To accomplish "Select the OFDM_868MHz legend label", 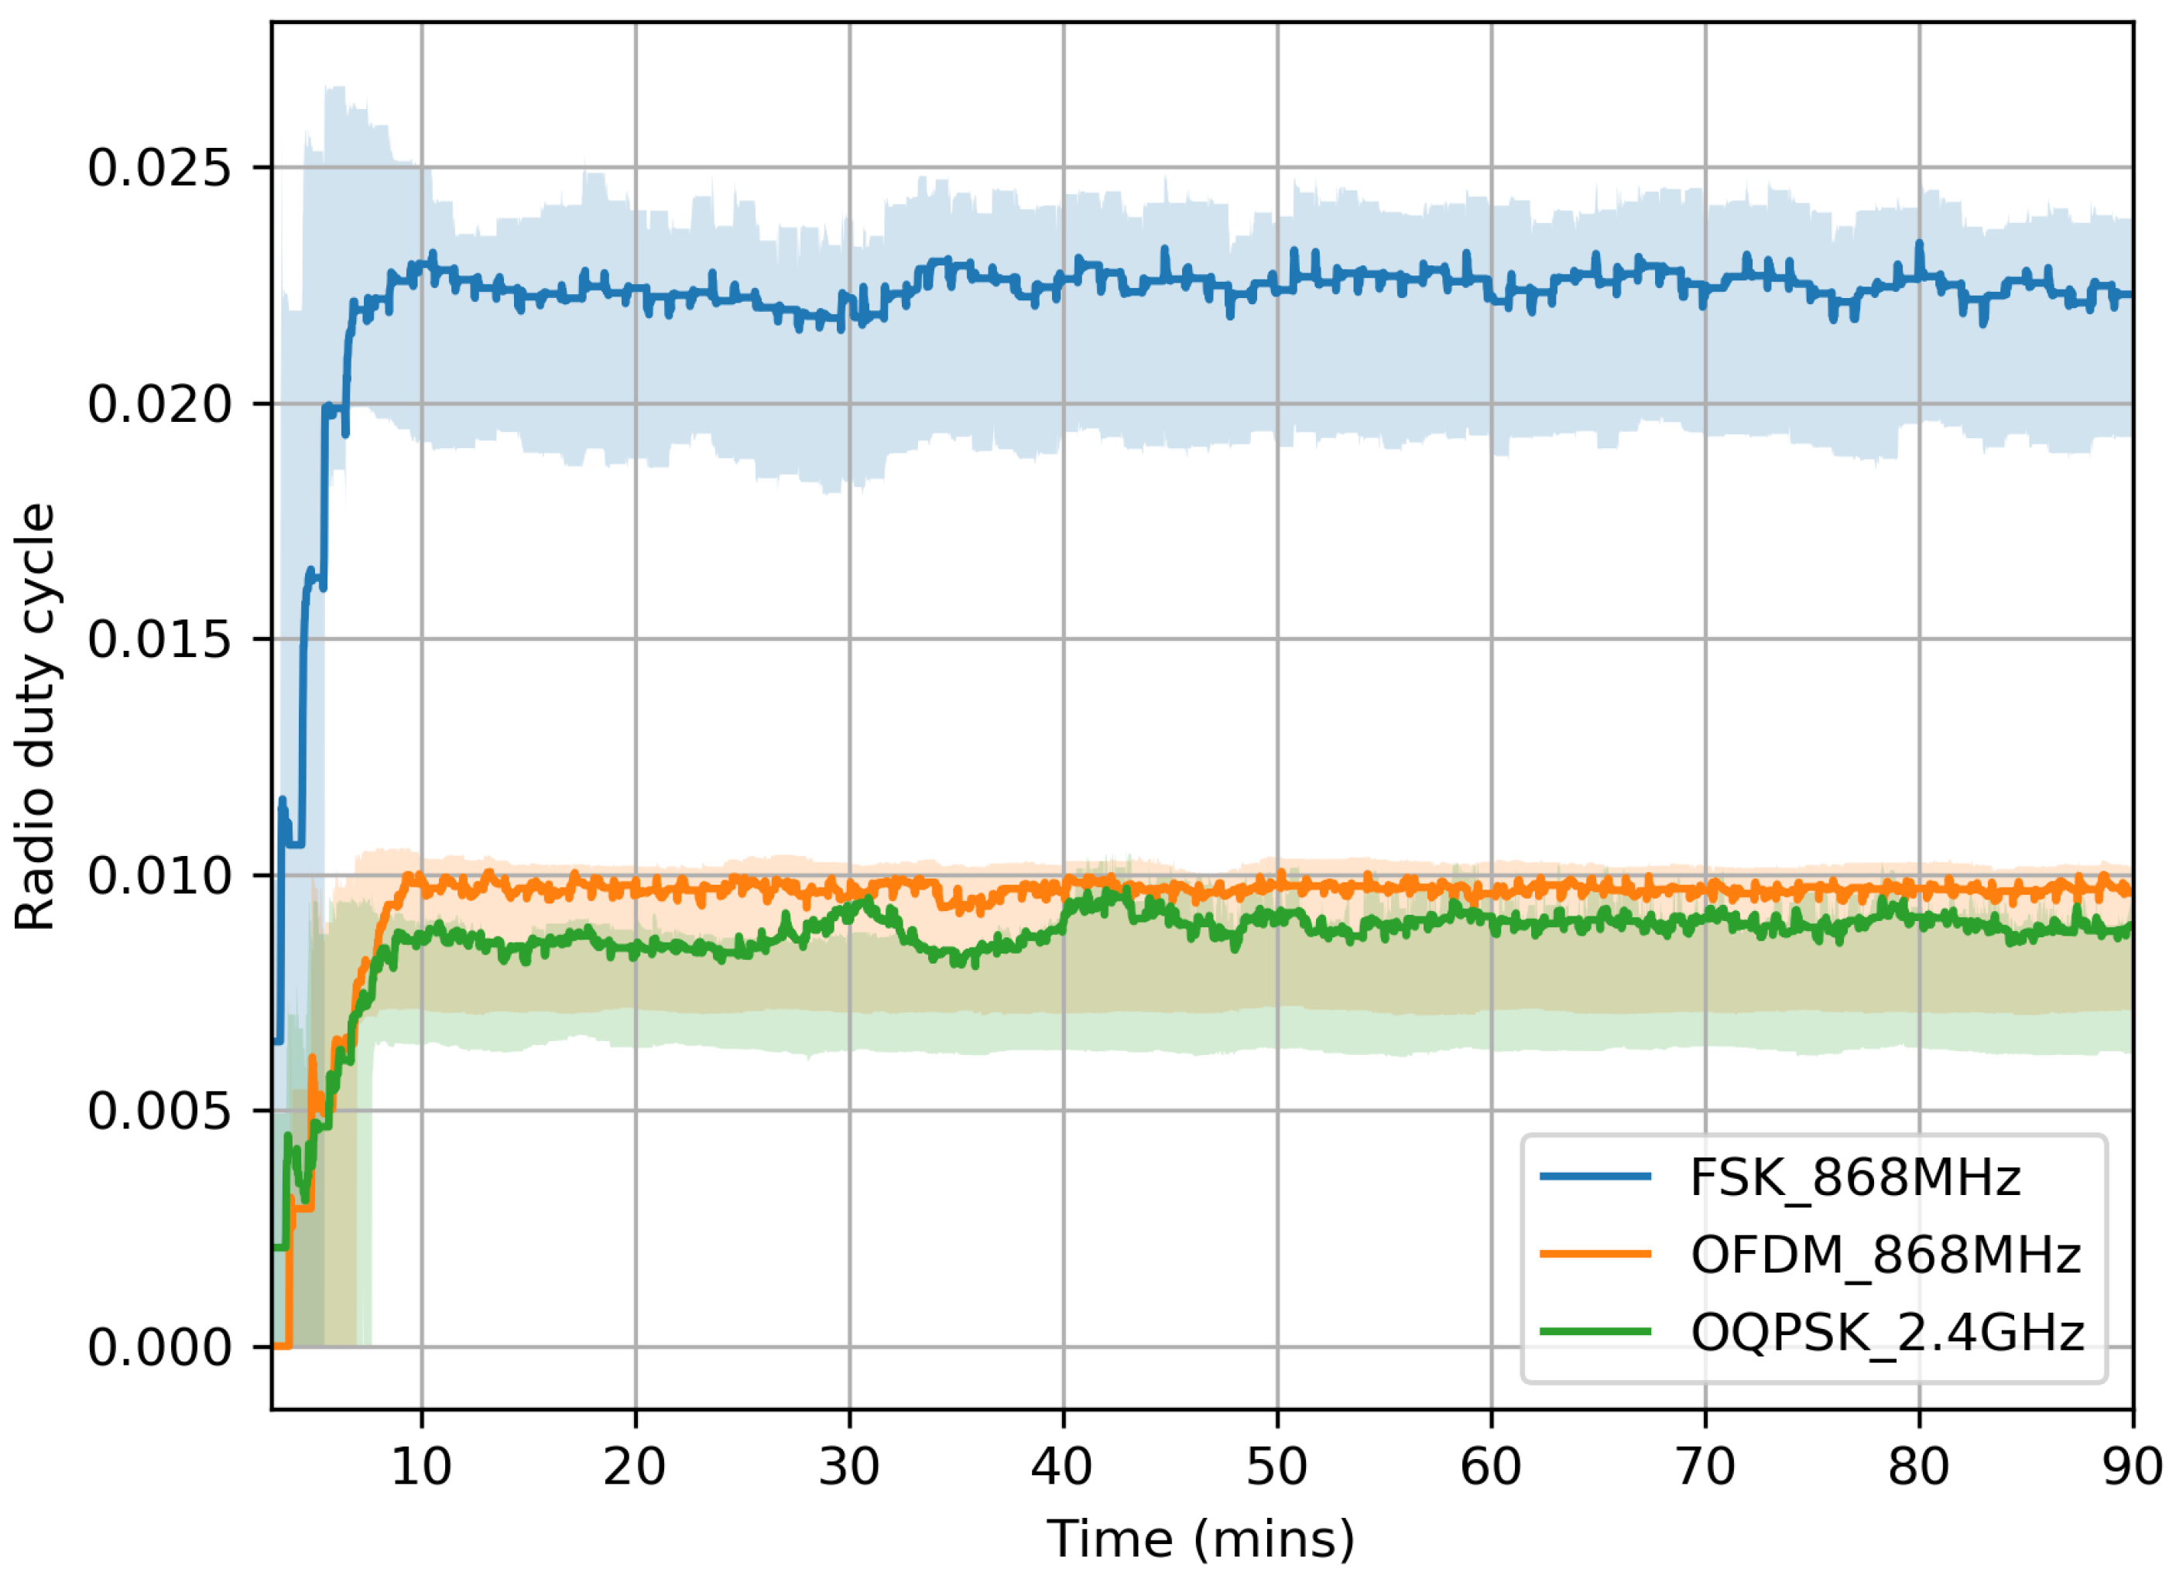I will [1885, 1255].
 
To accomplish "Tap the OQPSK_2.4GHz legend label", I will [1887, 1333].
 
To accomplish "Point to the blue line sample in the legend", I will [1595, 1176].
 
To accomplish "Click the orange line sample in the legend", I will [1595, 1255].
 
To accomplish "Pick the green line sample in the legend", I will [1595, 1332].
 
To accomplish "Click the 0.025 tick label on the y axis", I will [160, 169].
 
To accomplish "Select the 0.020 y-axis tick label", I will [160, 404].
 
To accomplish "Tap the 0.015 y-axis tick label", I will [160, 640].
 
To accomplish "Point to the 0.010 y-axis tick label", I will [160, 875].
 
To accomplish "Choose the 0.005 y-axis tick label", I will [160, 1111].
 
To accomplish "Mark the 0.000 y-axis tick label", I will [160, 1348].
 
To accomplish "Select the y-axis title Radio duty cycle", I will [36, 718].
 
